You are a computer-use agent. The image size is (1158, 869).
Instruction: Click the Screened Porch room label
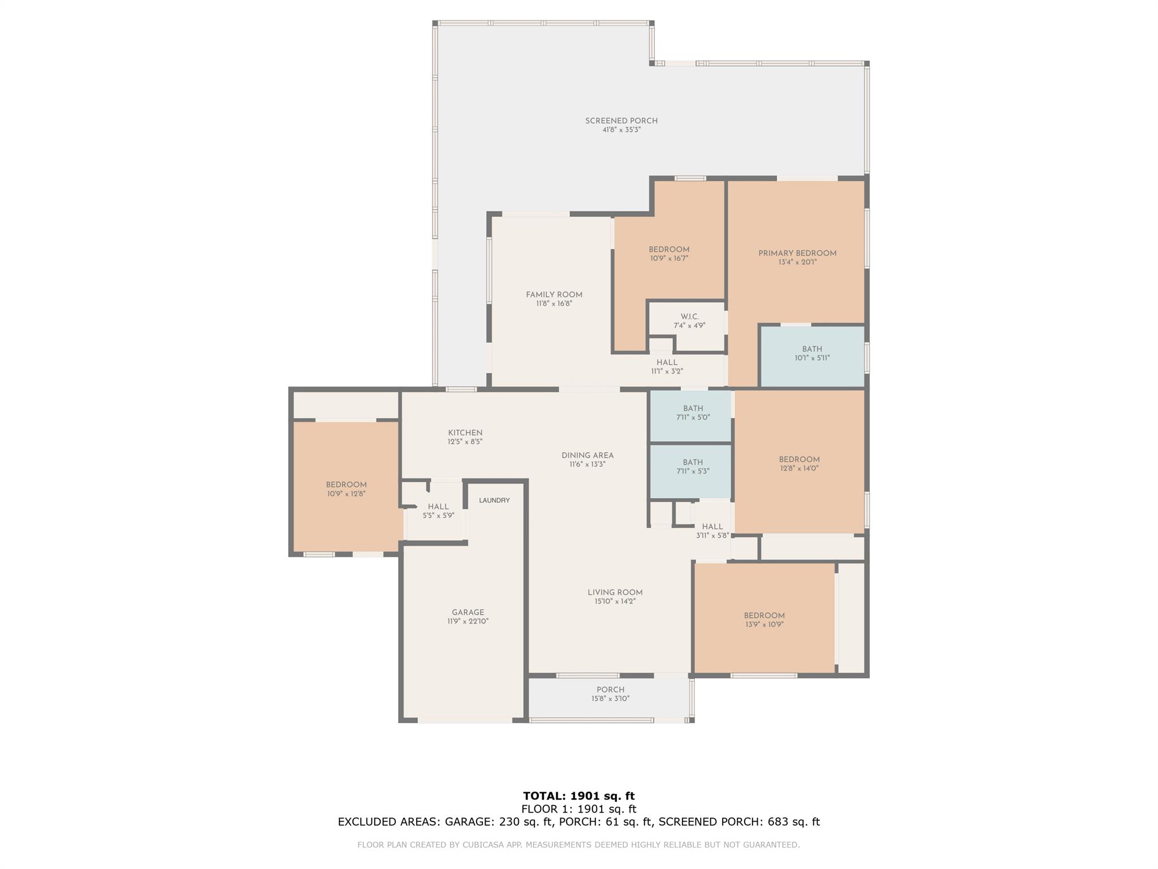(621, 121)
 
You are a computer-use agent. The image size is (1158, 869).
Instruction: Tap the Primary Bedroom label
(797, 253)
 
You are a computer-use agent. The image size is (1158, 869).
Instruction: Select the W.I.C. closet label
(690, 317)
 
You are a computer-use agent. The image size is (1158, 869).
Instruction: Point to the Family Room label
(554, 294)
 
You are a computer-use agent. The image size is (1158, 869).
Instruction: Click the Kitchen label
(465, 433)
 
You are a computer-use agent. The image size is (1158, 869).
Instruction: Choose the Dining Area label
(587, 455)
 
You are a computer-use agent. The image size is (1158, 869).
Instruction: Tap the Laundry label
(494, 500)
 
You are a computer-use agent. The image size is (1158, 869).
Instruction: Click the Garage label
(468, 612)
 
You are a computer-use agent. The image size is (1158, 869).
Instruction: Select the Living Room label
(615, 592)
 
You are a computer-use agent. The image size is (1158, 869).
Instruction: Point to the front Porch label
(611, 690)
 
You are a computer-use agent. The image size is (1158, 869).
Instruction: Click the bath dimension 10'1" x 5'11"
(812, 358)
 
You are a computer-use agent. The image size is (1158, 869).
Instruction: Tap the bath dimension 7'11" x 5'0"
(693, 417)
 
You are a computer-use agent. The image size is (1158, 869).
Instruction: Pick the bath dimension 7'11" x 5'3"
(693, 471)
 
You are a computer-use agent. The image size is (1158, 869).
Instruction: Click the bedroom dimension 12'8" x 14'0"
(799, 468)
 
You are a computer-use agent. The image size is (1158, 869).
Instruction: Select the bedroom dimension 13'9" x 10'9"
(764, 624)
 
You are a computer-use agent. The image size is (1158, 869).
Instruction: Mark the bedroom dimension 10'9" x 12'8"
(346, 493)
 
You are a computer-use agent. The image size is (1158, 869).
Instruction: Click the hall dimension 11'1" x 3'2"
(667, 371)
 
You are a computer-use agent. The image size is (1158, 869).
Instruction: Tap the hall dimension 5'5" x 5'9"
(438, 515)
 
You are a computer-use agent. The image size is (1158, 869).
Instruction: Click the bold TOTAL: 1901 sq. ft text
(579, 796)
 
